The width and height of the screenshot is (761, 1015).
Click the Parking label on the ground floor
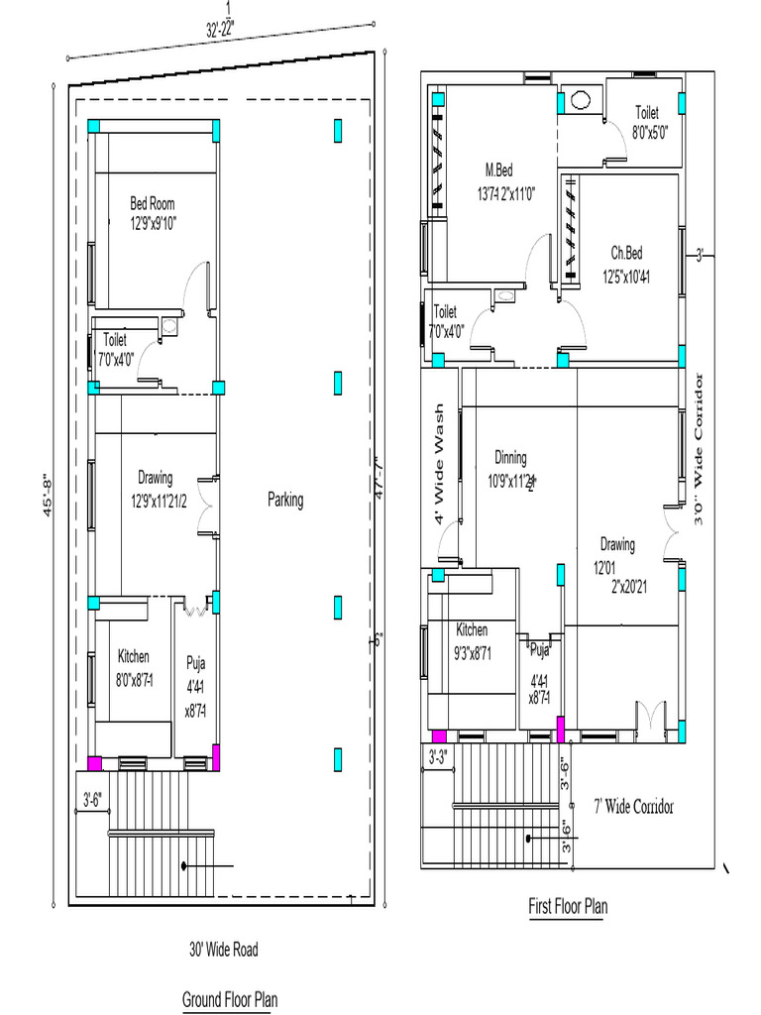285,501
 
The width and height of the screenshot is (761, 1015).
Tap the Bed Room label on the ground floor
153,204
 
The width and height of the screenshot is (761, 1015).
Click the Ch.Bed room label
626,253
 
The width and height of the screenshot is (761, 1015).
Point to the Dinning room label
511,458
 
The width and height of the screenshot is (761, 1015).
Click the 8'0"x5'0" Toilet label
646,113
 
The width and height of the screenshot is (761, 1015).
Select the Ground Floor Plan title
229,999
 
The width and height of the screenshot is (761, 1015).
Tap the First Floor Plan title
568,906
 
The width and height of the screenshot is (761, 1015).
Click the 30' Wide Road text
224,950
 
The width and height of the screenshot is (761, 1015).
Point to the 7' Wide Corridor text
633,806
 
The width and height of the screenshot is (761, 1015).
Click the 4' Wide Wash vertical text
439,463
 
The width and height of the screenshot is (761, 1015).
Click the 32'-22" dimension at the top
227,30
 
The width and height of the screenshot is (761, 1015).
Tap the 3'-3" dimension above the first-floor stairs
437,757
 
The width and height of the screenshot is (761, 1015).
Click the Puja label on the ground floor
195,663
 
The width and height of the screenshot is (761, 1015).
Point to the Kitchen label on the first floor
472,629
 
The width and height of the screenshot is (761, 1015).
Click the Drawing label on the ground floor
156,477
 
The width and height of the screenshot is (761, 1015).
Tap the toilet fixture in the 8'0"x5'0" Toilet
580,100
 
